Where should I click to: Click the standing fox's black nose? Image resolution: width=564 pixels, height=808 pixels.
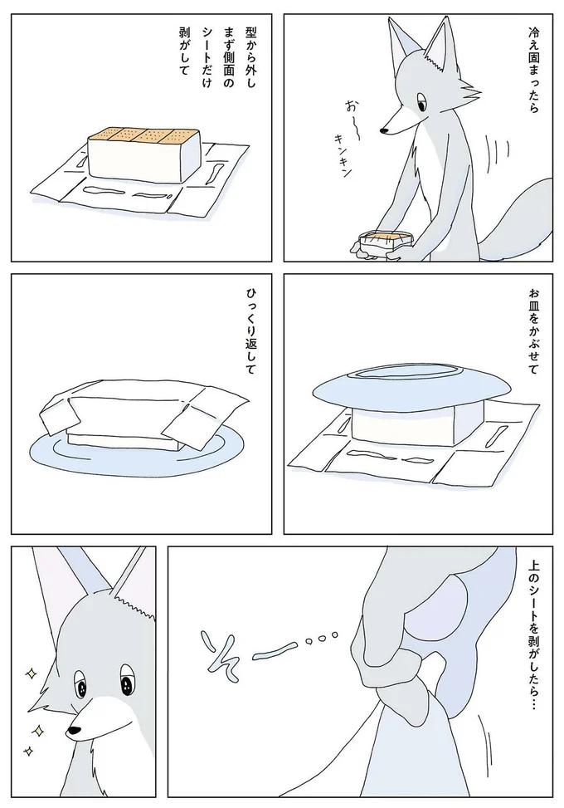pyautogui.click(x=384, y=130)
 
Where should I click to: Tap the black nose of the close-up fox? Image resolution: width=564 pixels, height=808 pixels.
pyautogui.click(x=74, y=730)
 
